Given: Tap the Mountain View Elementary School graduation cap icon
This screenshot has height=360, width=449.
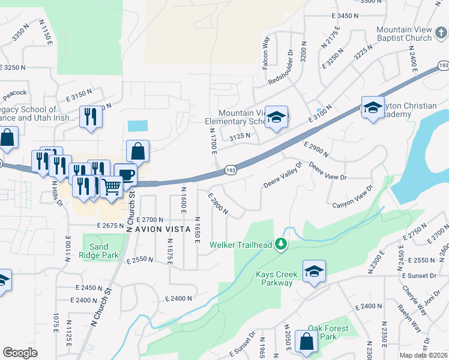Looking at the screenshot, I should click(277, 117).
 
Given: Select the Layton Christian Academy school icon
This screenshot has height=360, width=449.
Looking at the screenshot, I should click(373, 107).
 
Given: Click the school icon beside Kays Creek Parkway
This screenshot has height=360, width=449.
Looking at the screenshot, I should click(314, 271).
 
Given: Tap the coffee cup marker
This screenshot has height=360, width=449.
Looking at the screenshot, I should click(125, 175).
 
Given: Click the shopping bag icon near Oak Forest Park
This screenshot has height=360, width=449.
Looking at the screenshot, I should click(306, 341).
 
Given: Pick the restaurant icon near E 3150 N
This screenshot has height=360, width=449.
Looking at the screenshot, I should click(91, 116).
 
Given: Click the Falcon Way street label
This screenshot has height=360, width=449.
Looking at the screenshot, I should click(266, 52).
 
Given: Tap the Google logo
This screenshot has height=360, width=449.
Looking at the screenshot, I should click(20, 353).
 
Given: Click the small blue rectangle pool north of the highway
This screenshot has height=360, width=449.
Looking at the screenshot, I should click(137, 126).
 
